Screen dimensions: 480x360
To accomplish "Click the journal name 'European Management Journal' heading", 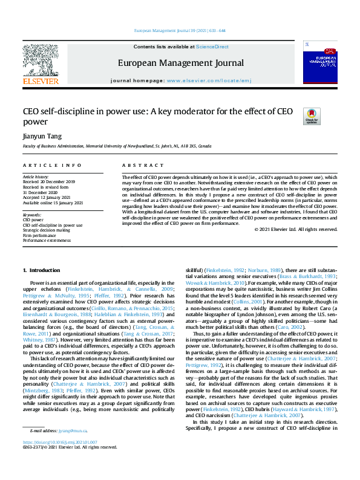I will coord(180,63).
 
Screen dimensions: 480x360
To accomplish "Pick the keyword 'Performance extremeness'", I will coord(47,240).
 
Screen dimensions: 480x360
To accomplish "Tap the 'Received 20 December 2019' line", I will coord(48,182).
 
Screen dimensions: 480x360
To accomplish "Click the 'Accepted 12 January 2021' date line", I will coord(47,197).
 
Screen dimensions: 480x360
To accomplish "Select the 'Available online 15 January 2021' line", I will coord(53,202).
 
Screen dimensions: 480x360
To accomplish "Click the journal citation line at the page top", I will coord(180,31).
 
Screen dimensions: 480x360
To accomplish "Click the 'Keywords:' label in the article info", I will coord(31,215).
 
